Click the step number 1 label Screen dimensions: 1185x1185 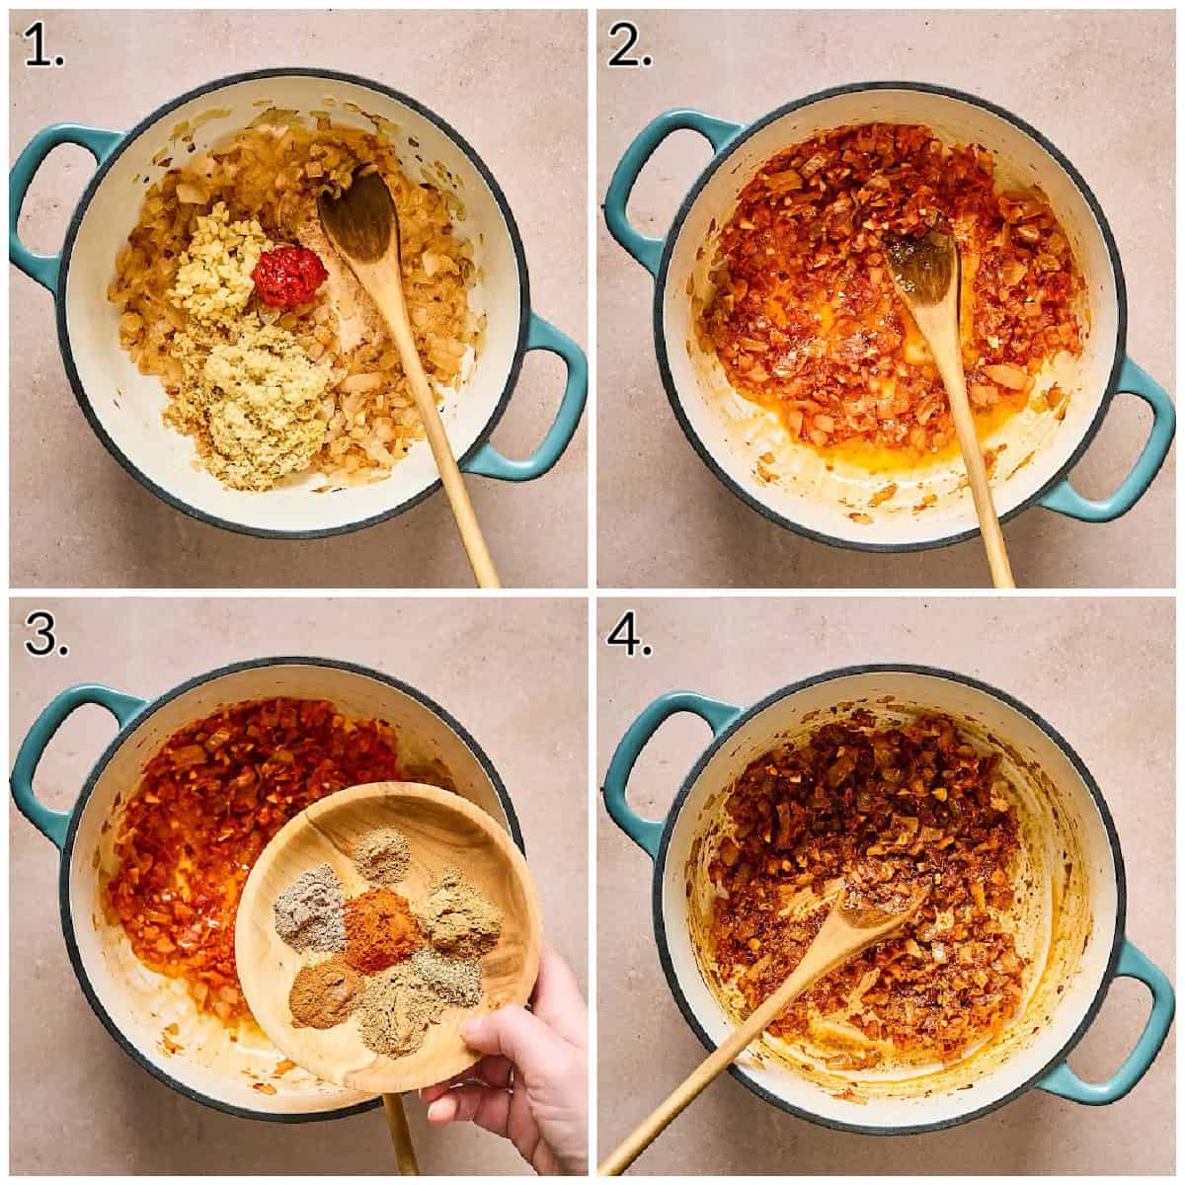coord(43,47)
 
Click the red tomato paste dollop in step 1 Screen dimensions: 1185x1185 coord(289,276)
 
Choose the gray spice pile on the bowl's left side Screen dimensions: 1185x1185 coord(310,907)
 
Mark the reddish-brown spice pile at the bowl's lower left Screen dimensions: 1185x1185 coord(326,990)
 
